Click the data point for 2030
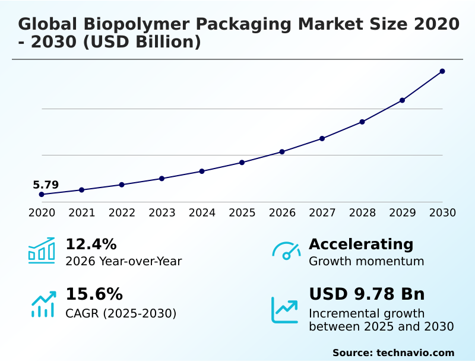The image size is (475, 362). pyautogui.click(x=442, y=71)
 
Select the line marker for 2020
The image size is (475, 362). pyautogui.click(x=42, y=195)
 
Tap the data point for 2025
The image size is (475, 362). pyautogui.click(x=242, y=162)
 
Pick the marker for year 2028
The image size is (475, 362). pyautogui.click(x=362, y=122)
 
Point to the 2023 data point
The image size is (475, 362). pyautogui.click(x=162, y=178)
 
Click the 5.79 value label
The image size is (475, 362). pyautogui.click(x=46, y=185)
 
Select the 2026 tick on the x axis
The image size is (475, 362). pyautogui.click(x=282, y=213)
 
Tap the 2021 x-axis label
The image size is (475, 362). pyautogui.click(x=82, y=213)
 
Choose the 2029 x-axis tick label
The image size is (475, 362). pyautogui.click(x=403, y=213)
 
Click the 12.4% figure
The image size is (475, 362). pyautogui.click(x=91, y=244)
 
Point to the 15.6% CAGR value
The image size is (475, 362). pyautogui.click(x=94, y=294)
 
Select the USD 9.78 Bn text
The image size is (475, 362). pyautogui.click(x=367, y=294)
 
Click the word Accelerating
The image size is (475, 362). pyautogui.click(x=361, y=244)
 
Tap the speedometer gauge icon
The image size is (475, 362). pyautogui.click(x=286, y=250)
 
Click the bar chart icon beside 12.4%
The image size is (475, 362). pyautogui.click(x=42, y=250)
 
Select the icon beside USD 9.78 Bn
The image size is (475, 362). pyautogui.click(x=285, y=310)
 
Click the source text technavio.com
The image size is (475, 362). pyautogui.click(x=415, y=353)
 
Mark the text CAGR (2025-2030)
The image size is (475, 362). pyautogui.click(x=121, y=313)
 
